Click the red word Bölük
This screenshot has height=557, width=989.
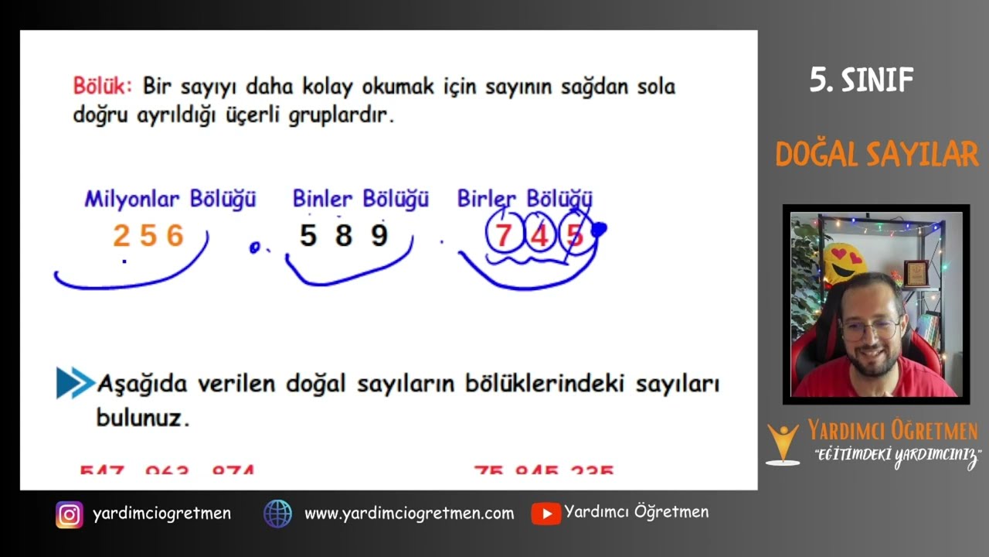pos(103,85)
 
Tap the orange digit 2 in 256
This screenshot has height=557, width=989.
pos(121,236)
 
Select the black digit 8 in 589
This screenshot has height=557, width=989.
pos(344,236)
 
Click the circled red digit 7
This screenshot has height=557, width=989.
pos(504,234)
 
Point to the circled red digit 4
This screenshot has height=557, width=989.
pos(540,234)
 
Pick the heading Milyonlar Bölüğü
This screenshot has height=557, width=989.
pos(170,200)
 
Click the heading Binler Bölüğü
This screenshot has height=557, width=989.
pos(360,200)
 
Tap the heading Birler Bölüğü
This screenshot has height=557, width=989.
pos(525,199)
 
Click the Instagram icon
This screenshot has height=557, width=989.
pos(69,514)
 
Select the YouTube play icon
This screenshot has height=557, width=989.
pos(545,514)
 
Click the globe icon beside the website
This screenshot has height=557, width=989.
pos(277,514)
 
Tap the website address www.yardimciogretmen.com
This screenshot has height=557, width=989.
pos(409,514)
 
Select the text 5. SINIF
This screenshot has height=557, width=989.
pos(862,80)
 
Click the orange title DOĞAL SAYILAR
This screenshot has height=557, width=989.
pos(877,155)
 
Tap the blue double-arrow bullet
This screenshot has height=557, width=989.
pos(75,383)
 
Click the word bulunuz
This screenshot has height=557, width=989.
pos(142,419)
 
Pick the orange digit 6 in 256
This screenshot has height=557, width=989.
pos(175,236)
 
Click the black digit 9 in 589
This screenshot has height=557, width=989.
pos(379,236)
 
